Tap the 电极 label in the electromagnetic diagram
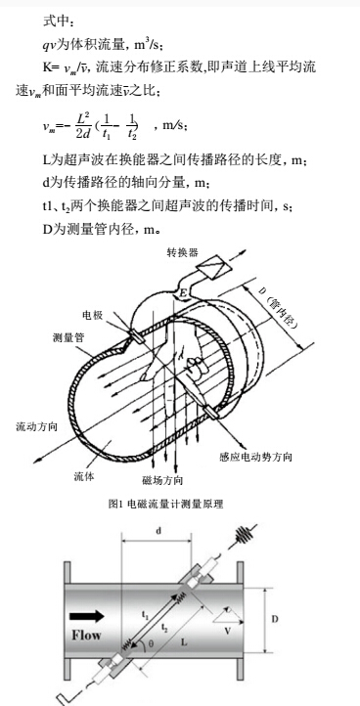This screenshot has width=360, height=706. click(x=93, y=316)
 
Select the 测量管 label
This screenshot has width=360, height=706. click(x=67, y=336)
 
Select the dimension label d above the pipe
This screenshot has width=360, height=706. click(x=158, y=532)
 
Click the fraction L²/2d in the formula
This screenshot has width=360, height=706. click(x=83, y=124)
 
